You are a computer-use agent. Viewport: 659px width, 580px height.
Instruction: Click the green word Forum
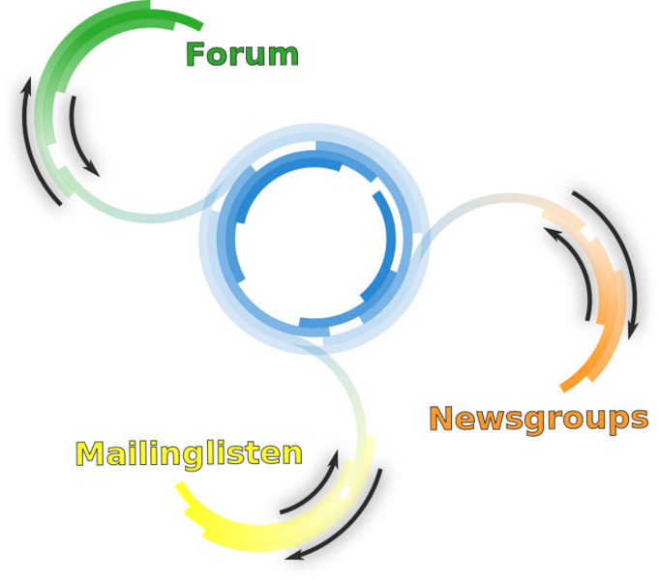point(242,54)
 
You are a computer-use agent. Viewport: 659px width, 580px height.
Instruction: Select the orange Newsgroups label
point(538,419)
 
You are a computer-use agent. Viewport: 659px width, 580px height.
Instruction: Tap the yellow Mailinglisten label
point(189,453)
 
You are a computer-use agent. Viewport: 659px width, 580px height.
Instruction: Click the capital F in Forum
point(196,54)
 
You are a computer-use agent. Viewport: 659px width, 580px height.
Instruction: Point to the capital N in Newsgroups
point(442,419)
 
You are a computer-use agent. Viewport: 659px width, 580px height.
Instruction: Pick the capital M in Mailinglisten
point(90,453)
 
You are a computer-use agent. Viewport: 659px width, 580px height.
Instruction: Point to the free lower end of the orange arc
point(563,388)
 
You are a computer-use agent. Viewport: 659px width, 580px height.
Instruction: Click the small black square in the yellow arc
point(344,492)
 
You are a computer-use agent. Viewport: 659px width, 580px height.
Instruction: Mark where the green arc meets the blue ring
point(207,204)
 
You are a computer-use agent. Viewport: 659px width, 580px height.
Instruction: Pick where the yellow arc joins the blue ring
point(319,348)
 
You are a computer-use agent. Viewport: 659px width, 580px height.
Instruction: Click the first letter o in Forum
point(219,56)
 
